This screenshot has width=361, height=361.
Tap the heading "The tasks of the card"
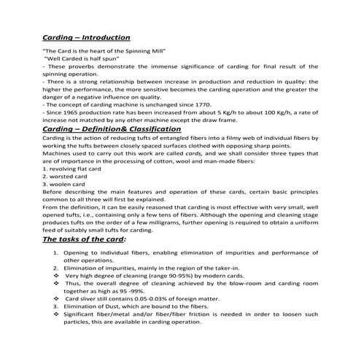[x=84, y=238]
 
